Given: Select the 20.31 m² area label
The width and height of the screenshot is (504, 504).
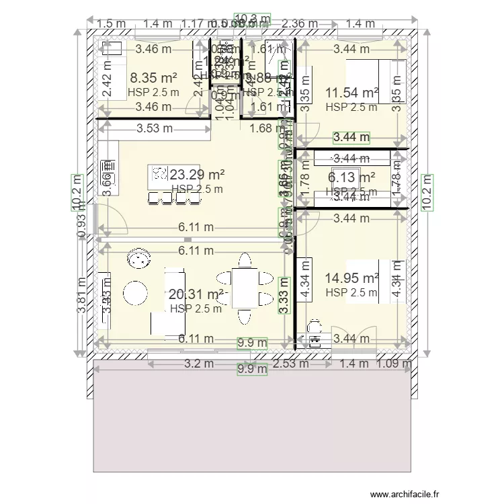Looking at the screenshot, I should click(x=196, y=294).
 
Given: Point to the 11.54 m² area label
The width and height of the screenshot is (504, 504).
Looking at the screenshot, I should click(x=351, y=93).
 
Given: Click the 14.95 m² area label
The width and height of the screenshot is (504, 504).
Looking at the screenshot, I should click(x=351, y=278).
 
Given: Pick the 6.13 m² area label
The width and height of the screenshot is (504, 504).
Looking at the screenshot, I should click(x=351, y=177).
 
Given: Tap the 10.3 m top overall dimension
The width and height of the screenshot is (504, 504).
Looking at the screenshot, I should click(x=252, y=18).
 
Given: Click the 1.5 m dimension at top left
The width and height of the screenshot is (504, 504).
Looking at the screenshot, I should click(x=112, y=24).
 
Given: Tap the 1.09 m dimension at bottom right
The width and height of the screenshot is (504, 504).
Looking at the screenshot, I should click(x=396, y=364).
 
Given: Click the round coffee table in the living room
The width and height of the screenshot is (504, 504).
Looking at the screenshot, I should click(x=135, y=292).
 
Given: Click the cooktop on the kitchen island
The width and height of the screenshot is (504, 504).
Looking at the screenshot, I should click(x=159, y=173).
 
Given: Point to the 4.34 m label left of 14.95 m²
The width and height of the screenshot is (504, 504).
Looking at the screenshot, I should click(x=306, y=287).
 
